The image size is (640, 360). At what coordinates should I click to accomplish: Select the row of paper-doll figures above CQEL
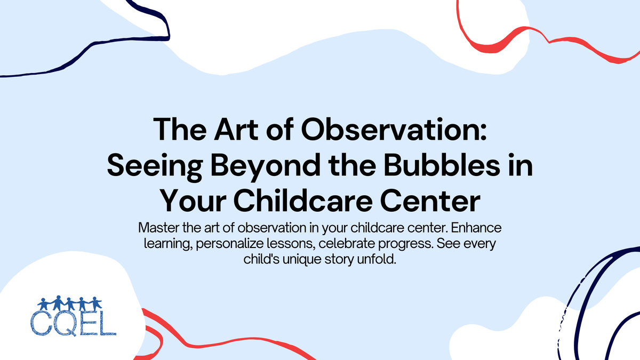pos(67,305)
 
